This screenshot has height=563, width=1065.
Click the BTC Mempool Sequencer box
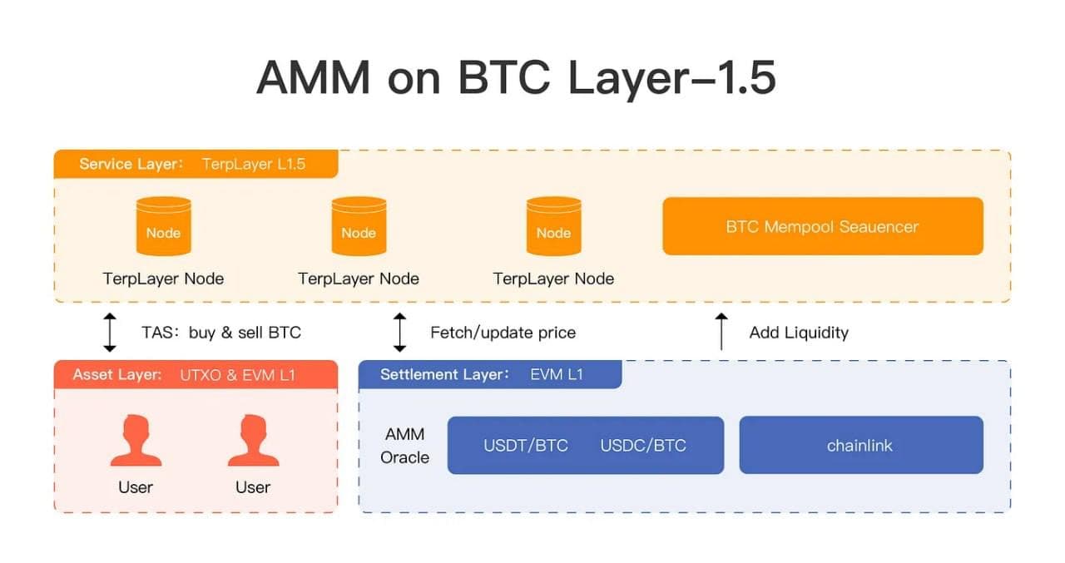[x=822, y=226]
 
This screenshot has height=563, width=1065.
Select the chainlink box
[x=860, y=446]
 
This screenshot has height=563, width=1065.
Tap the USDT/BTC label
[x=526, y=446]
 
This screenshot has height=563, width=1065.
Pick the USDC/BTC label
[x=643, y=446]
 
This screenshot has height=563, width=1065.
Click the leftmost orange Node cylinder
[x=163, y=226]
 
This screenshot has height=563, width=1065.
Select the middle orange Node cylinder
[x=359, y=226]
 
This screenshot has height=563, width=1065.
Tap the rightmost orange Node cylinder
[x=553, y=226]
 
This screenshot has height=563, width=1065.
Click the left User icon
[x=136, y=442]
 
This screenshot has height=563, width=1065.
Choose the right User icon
[x=253, y=442]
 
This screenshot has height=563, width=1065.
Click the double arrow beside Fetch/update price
[x=399, y=332]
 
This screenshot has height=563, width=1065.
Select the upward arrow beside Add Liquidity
[x=721, y=332]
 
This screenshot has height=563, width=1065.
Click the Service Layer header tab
[x=196, y=164]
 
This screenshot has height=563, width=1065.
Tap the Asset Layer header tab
[x=196, y=375]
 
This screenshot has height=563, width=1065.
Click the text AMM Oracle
[x=405, y=446]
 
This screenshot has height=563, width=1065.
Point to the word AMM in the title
[x=314, y=77]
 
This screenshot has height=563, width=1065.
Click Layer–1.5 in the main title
[x=671, y=77]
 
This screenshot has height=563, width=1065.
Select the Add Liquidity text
[x=799, y=333]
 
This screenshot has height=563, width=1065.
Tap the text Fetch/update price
[x=503, y=333]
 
